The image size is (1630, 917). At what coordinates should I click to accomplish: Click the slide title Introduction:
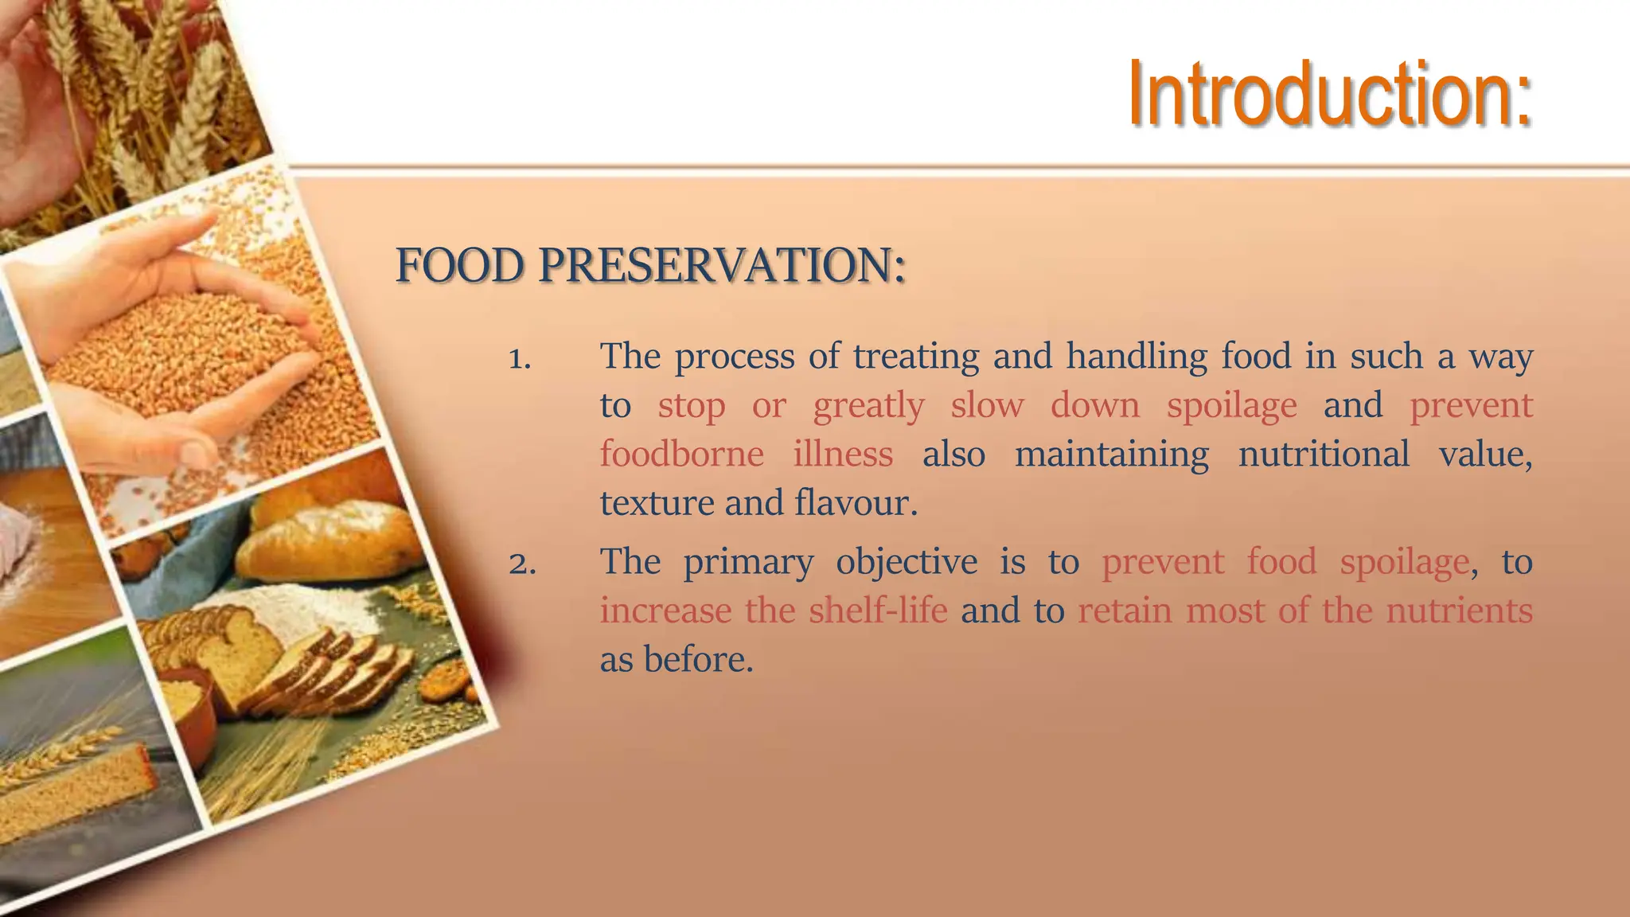(1329, 96)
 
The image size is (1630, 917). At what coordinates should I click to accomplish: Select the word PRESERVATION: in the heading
(722, 266)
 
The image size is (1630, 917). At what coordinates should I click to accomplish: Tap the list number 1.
(519, 359)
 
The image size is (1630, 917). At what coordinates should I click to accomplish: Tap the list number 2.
(521, 564)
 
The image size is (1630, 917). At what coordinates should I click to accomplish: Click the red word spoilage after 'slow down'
(1231, 406)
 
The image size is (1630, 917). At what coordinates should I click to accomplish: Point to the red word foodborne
(681, 455)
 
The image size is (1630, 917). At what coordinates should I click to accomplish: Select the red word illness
(843, 455)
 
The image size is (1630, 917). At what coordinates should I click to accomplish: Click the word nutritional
(1323, 455)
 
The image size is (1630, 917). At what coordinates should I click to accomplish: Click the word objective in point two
(906, 563)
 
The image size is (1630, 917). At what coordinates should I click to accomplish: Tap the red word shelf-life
(877, 611)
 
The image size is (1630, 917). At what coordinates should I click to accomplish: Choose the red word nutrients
(1459, 611)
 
